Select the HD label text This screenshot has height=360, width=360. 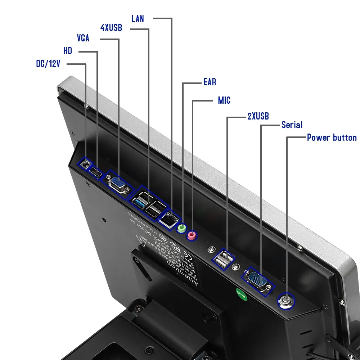[x=68, y=51]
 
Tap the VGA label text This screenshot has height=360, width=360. [x=83, y=38]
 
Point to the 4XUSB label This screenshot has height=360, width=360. [x=111, y=27]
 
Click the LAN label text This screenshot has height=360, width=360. [x=138, y=18]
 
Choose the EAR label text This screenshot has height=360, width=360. [x=210, y=82]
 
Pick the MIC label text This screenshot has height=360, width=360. [x=224, y=100]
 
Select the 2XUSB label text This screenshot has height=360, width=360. [x=258, y=116]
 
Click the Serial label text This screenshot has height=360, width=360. [x=292, y=125]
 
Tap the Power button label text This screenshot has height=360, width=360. [x=332, y=138]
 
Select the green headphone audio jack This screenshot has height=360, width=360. [x=182, y=228]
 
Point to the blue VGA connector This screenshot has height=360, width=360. [x=117, y=185]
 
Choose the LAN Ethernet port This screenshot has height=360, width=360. [x=168, y=218]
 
